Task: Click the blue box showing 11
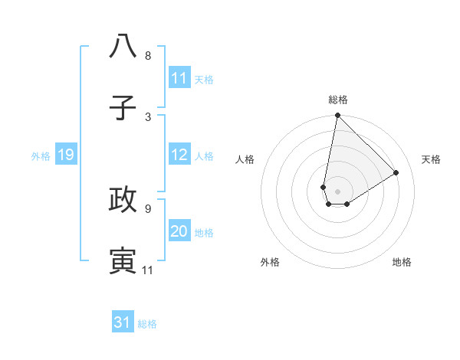179,78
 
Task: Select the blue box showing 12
179,155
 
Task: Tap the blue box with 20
179,231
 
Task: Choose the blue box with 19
66,155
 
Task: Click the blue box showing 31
123,322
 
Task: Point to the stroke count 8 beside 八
148,56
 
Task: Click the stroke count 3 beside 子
148,116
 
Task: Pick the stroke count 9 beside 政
148,208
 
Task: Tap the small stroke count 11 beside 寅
148,270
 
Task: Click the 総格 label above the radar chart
338,100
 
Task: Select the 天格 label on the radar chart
431,159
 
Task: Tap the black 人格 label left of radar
245,159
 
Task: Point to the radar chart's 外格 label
269,262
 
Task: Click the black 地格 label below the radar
402,262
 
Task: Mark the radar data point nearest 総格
337,116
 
